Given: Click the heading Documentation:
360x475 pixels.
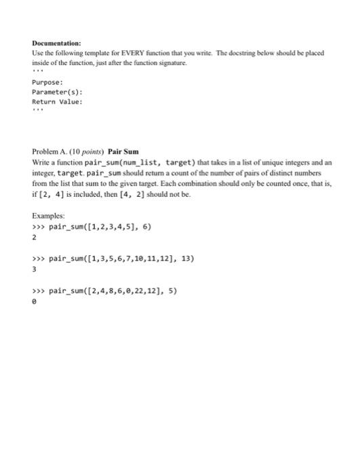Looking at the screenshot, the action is [56, 42].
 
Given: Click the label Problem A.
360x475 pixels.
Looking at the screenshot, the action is [49, 153].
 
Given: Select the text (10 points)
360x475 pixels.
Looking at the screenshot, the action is [87, 153].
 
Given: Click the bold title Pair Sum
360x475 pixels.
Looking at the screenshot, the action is [123, 153].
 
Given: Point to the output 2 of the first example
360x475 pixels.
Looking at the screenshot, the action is [34, 237].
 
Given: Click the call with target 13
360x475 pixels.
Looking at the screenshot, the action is [119, 258].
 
